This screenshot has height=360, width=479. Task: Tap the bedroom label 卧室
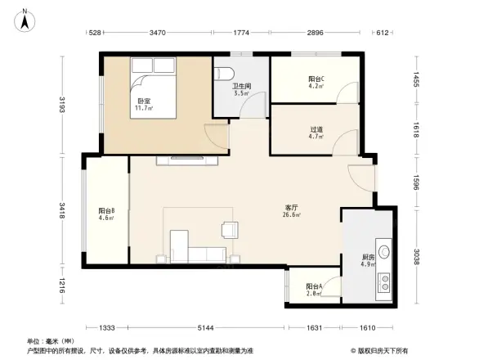coord(143,101)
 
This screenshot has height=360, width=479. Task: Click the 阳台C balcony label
coord(316,79)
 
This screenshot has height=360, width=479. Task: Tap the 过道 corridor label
coord(316,129)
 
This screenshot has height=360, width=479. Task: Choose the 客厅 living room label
coord(291,207)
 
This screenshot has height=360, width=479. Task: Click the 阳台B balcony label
coord(106,210)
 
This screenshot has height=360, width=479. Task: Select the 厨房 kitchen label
coord(369,258)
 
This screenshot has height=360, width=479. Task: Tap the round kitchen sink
coord(383,252)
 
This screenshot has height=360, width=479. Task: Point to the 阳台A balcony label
coord(314,287)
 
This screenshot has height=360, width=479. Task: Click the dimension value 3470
coord(159,34)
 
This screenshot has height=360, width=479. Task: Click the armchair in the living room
coord(230,232)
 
